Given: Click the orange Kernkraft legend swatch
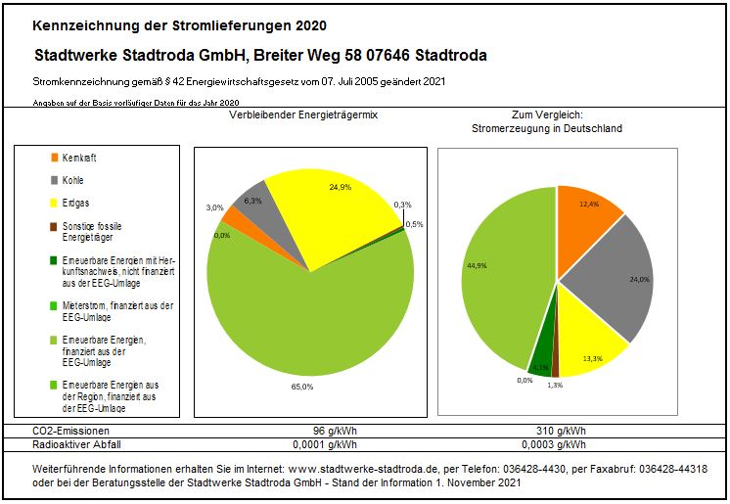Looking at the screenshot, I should tap(54, 158).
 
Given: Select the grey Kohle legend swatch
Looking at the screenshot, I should tap(54, 180).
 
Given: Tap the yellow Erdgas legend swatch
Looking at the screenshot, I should tap(54, 204).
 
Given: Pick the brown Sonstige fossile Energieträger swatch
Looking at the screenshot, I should tap(54, 226).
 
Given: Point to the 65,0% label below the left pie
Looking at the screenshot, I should tap(302, 388).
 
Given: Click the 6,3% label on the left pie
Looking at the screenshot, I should tap(252, 202).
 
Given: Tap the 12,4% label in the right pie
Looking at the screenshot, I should tap(588, 204).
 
